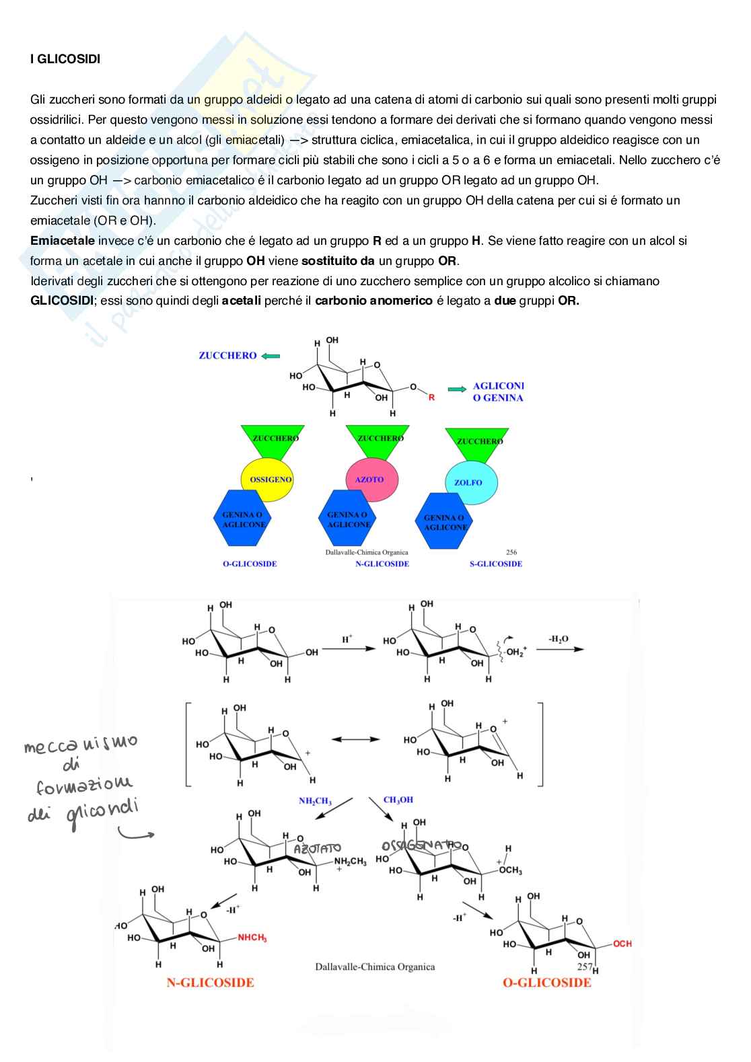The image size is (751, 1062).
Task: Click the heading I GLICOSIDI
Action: tap(65, 59)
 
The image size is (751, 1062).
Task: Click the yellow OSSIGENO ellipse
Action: tap(269, 480)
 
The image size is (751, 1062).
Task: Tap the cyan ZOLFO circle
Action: tap(468, 482)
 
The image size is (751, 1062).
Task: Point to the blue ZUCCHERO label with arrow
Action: tap(228, 356)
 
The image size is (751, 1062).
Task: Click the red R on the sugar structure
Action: tap(431, 397)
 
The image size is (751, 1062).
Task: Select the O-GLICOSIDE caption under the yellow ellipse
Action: tap(250, 564)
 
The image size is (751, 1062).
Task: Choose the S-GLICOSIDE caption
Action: tap(495, 564)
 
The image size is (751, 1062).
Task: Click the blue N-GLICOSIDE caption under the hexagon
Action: tap(382, 564)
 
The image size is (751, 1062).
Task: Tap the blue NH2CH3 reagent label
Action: tap(315, 801)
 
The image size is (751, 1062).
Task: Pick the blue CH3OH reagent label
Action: tap(398, 800)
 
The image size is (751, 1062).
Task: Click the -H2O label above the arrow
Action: tap(558, 640)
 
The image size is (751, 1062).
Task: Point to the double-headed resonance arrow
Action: tap(355, 739)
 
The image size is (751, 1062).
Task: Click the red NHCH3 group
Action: tap(252, 938)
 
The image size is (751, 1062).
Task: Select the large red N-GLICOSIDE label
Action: tap(211, 983)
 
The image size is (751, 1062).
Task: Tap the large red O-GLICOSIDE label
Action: tap(546, 983)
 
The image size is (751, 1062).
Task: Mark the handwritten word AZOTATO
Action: tap(317, 849)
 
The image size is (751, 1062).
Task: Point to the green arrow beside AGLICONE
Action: tap(457, 389)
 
